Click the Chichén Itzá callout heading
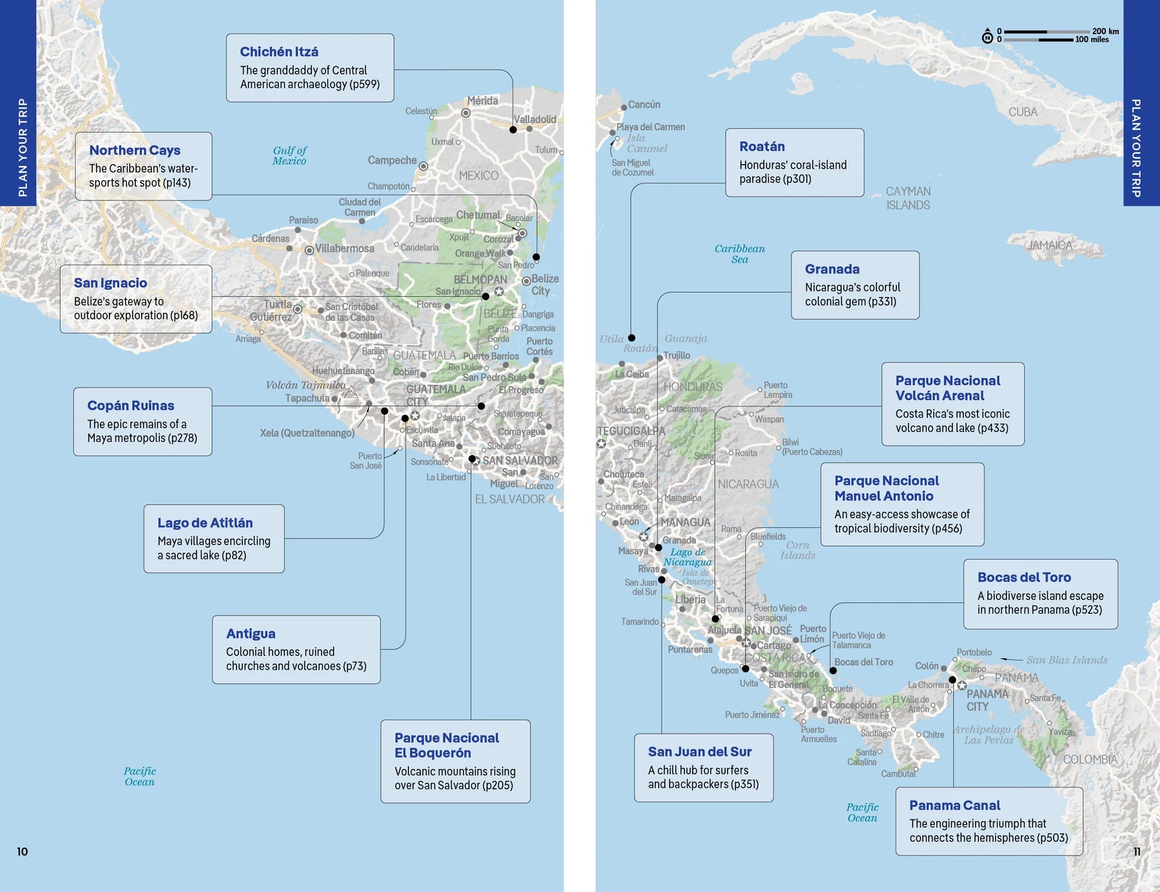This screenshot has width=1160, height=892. (x=279, y=52)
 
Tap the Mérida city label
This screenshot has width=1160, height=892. (x=482, y=101)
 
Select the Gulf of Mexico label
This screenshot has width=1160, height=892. (x=289, y=156)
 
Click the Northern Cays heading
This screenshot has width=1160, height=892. (x=135, y=150)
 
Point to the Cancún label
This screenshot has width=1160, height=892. (x=644, y=104)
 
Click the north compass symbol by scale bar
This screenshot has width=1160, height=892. (x=987, y=36)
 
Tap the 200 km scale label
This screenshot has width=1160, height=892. (x=1105, y=31)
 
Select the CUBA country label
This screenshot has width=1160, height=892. (x=1023, y=112)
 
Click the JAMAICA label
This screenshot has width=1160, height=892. (x=1049, y=245)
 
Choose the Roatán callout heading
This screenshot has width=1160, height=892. (x=762, y=146)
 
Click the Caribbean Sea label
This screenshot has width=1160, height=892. (x=740, y=254)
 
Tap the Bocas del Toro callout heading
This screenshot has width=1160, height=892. (x=1024, y=577)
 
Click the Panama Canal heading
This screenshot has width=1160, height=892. (x=954, y=805)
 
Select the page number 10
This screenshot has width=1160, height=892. (x=22, y=851)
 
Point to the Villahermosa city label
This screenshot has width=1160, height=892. (x=344, y=249)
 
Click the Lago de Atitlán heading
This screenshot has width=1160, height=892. (x=205, y=523)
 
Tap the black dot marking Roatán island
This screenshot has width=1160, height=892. (x=632, y=338)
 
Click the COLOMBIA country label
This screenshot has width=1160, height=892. (x=1090, y=759)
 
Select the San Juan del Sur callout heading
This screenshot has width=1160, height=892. (x=700, y=752)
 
